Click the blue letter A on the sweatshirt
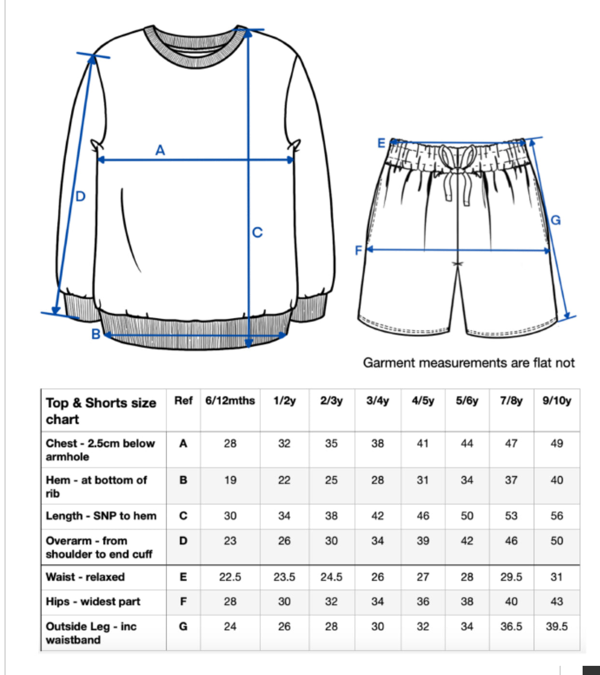(x=160, y=151)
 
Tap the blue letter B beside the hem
(x=96, y=334)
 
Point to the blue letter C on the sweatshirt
(x=257, y=233)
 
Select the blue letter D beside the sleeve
(x=80, y=196)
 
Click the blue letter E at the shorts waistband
(x=382, y=143)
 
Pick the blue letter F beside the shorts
(x=358, y=250)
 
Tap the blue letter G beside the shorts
(x=556, y=220)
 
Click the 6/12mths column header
(x=230, y=401)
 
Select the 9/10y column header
(x=557, y=401)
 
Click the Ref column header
(x=184, y=401)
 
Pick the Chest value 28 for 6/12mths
(x=230, y=443)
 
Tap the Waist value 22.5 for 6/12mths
(x=230, y=577)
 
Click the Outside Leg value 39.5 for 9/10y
(x=557, y=626)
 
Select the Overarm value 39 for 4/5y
(x=423, y=541)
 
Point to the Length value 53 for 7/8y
(x=511, y=516)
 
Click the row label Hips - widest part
(x=93, y=602)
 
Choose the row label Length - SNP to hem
(x=101, y=516)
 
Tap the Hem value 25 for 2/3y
(x=331, y=480)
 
